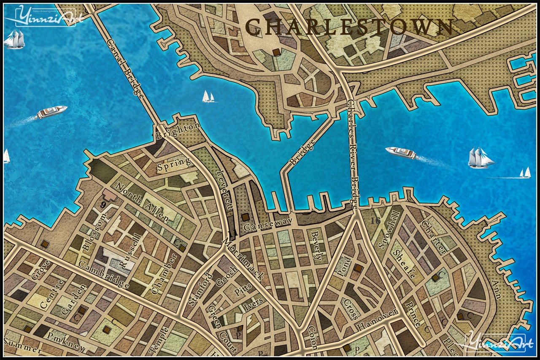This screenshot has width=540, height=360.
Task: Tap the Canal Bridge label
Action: [126, 68]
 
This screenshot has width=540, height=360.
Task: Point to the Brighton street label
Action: [177, 131]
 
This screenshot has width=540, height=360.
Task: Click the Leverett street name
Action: [224, 189]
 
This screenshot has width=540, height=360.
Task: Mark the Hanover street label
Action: [377, 320]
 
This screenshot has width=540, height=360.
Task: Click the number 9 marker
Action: [103, 205]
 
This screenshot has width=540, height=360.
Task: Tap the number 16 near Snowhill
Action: [374, 220]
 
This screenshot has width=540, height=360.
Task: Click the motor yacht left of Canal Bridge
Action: [52, 112]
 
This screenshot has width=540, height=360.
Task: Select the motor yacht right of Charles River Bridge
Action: [401, 153]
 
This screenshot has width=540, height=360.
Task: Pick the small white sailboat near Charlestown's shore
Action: [208, 97]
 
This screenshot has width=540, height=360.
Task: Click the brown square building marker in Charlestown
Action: [276, 52]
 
